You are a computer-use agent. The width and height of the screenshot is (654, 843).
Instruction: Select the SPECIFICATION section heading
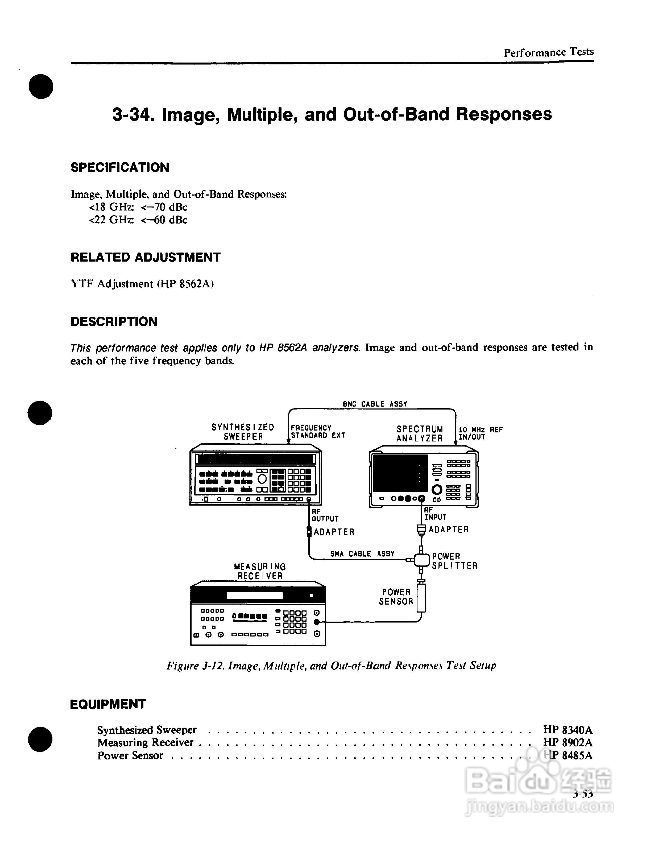click(120, 168)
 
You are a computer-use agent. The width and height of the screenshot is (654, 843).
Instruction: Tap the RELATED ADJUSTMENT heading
click(146, 258)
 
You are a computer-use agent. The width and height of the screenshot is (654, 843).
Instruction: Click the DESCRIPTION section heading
click(114, 321)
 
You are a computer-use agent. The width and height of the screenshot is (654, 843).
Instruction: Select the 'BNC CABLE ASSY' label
click(375, 404)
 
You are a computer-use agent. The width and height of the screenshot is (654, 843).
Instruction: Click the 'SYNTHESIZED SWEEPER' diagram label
click(243, 432)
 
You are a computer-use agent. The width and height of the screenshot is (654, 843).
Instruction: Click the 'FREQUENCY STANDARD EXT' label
click(317, 432)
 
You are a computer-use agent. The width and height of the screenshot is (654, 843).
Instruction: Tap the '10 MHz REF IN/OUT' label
click(480, 433)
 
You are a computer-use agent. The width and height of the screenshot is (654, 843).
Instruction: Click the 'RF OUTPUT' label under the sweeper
click(325, 515)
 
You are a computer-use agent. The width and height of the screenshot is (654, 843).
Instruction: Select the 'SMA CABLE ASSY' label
click(362, 554)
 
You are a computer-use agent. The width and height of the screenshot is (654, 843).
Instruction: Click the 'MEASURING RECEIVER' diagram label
click(260, 571)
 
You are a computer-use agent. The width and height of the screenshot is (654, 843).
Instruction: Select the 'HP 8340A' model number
click(568, 730)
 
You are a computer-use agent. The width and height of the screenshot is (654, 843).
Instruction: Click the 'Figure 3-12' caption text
click(331, 666)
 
